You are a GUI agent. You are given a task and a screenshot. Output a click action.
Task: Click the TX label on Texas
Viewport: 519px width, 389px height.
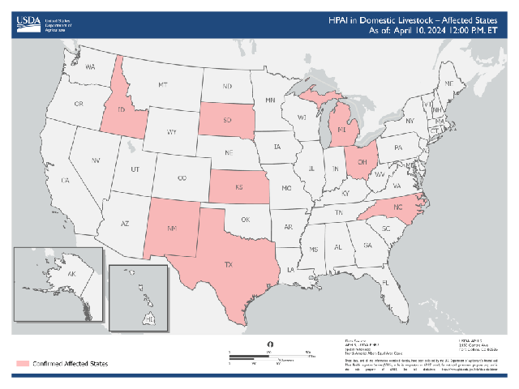[229, 264]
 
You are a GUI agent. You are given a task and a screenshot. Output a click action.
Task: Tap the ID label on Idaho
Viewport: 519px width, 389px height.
[122, 109]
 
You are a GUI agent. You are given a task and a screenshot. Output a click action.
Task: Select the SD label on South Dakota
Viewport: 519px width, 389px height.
[228, 122]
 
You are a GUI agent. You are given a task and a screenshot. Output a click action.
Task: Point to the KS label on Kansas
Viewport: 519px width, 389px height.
[240, 186]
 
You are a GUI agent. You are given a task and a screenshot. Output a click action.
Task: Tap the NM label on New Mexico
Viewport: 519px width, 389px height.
[172, 229]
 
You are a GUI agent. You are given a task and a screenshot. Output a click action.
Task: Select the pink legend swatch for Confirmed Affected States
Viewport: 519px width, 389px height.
[22, 364]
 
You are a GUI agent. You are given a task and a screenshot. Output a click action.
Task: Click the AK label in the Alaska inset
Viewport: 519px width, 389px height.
[71, 275]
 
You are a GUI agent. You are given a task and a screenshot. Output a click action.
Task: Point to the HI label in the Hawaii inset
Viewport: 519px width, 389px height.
[149, 319]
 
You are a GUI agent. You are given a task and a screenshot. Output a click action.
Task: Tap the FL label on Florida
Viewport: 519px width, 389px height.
[386, 283]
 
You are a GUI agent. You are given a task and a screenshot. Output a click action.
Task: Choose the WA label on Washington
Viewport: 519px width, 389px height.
[90, 66]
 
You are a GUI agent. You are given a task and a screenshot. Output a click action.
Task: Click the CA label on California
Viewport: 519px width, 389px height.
[66, 181]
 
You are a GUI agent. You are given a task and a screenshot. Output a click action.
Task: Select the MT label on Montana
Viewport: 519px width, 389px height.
[163, 84]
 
